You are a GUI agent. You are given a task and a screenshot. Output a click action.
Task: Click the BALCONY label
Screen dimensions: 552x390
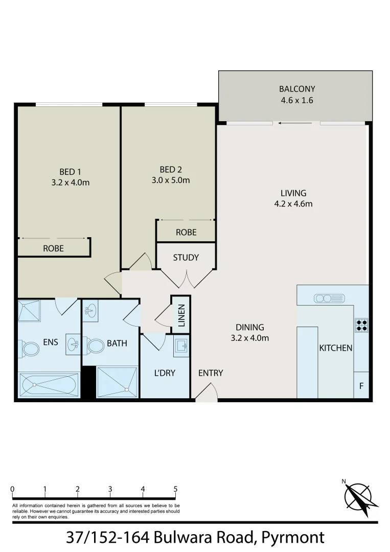[296, 88]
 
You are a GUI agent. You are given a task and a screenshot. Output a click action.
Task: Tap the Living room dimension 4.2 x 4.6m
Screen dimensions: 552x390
[293, 204]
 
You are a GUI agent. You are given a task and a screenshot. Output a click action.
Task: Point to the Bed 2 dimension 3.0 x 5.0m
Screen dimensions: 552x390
[171, 180]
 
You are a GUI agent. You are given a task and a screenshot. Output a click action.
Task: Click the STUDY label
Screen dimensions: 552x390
[186, 258]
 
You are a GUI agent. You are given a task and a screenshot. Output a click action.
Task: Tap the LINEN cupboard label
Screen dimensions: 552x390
[181, 315]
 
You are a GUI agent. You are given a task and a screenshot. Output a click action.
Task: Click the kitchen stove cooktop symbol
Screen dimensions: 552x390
[361, 325]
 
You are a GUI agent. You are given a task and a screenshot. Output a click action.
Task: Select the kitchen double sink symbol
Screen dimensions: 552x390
[323, 298]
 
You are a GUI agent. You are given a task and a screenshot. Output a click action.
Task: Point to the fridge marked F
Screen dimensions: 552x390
[361, 386]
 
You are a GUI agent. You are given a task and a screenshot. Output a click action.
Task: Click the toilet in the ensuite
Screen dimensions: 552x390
[30, 350]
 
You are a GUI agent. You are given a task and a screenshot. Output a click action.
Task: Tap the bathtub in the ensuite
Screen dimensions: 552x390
[49, 385]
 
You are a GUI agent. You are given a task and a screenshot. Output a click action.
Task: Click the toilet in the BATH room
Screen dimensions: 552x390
[95, 346]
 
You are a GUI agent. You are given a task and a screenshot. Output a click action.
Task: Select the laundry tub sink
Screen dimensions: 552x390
[181, 346]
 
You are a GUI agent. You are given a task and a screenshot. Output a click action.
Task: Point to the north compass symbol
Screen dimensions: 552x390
[360, 497]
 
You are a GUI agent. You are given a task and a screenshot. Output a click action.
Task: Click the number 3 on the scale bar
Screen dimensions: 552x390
[110, 489]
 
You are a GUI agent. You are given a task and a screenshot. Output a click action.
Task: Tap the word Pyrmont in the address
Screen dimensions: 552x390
[292, 537]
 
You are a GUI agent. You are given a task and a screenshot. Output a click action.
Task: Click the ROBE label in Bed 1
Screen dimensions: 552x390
[53, 248]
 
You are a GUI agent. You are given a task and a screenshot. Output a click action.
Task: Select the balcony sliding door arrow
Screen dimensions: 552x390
[296, 123]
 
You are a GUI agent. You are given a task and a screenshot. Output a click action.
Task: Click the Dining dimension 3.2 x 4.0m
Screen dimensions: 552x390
[250, 338]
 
